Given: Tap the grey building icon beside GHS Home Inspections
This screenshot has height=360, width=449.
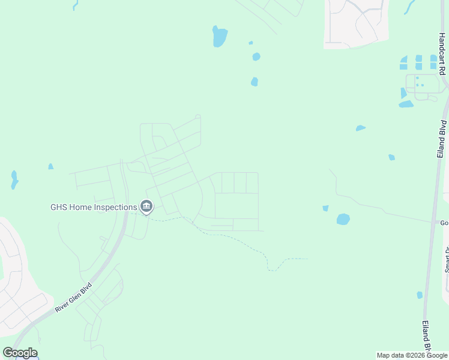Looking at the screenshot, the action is pyautogui.click(x=146, y=208).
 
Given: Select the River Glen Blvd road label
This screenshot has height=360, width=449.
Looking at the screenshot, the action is pyautogui.click(x=73, y=296).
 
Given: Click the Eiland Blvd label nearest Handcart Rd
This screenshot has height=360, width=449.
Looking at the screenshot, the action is pyautogui.click(x=442, y=139).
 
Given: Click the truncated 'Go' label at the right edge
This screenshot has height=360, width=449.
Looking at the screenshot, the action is pyautogui.click(x=444, y=223).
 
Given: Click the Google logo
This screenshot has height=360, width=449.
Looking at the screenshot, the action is pyautogui.click(x=20, y=353).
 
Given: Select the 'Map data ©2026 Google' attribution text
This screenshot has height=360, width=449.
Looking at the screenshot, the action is pyautogui.click(x=412, y=355).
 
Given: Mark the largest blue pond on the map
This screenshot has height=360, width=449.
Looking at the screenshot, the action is pyautogui.click(x=220, y=37).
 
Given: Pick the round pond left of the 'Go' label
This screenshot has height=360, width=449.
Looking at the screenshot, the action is pyautogui.click(x=343, y=219).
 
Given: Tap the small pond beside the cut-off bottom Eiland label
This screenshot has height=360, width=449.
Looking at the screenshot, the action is pyautogui.click(x=420, y=295).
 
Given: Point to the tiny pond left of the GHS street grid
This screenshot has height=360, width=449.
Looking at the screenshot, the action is pyautogui.click(x=50, y=166).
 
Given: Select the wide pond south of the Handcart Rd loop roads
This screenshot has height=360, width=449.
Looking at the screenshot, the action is pyautogui.click(x=406, y=104).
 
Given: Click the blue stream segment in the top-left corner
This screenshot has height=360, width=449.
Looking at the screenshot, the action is pyautogui.click(x=75, y=5).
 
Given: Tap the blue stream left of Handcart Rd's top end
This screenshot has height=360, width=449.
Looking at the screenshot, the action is pyautogui.click(x=410, y=7).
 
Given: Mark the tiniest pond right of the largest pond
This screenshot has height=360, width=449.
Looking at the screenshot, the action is pyautogui.click(x=250, y=43).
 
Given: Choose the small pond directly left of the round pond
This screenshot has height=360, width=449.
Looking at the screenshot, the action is pyautogui.click(x=325, y=208).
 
